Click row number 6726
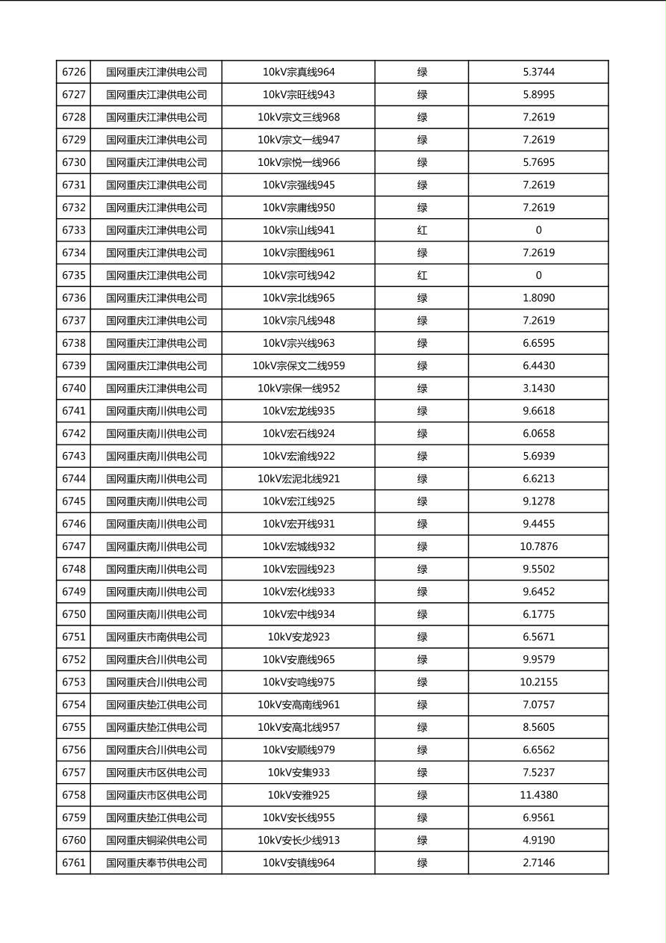(x=74, y=72)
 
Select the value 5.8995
(x=538, y=95)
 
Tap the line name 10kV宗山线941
(x=299, y=230)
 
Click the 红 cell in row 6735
(x=422, y=276)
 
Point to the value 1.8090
(x=538, y=298)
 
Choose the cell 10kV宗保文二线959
(x=299, y=366)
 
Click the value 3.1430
(x=538, y=389)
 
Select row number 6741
(x=74, y=411)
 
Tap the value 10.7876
(x=538, y=547)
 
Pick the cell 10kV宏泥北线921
(x=299, y=479)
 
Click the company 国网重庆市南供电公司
(x=156, y=637)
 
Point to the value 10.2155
(x=538, y=682)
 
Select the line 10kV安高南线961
(x=299, y=705)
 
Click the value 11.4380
(x=538, y=795)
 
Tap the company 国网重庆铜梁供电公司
(x=156, y=841)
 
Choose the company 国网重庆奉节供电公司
(x=156, y=863)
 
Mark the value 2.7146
(x=538, y=863)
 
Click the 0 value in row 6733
(x=538, y=230)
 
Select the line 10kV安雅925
(x=299, y=795)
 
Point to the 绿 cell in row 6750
(x=422, y=614)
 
